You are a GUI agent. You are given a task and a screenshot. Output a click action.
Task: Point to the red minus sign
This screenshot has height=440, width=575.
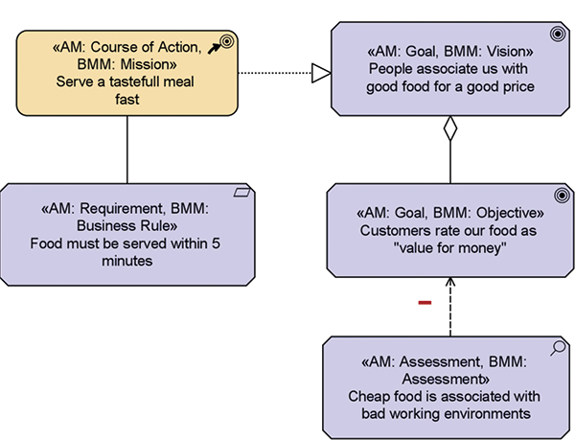(425, 303)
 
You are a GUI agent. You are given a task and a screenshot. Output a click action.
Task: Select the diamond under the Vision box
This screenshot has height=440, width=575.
(449, 128)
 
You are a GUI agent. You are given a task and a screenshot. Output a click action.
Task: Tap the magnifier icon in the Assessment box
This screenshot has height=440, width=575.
(559, 350)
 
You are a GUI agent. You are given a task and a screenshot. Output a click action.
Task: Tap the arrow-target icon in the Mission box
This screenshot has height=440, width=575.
(223, 42)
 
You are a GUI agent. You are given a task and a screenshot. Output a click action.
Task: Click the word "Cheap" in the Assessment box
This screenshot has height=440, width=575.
(370, 396)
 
